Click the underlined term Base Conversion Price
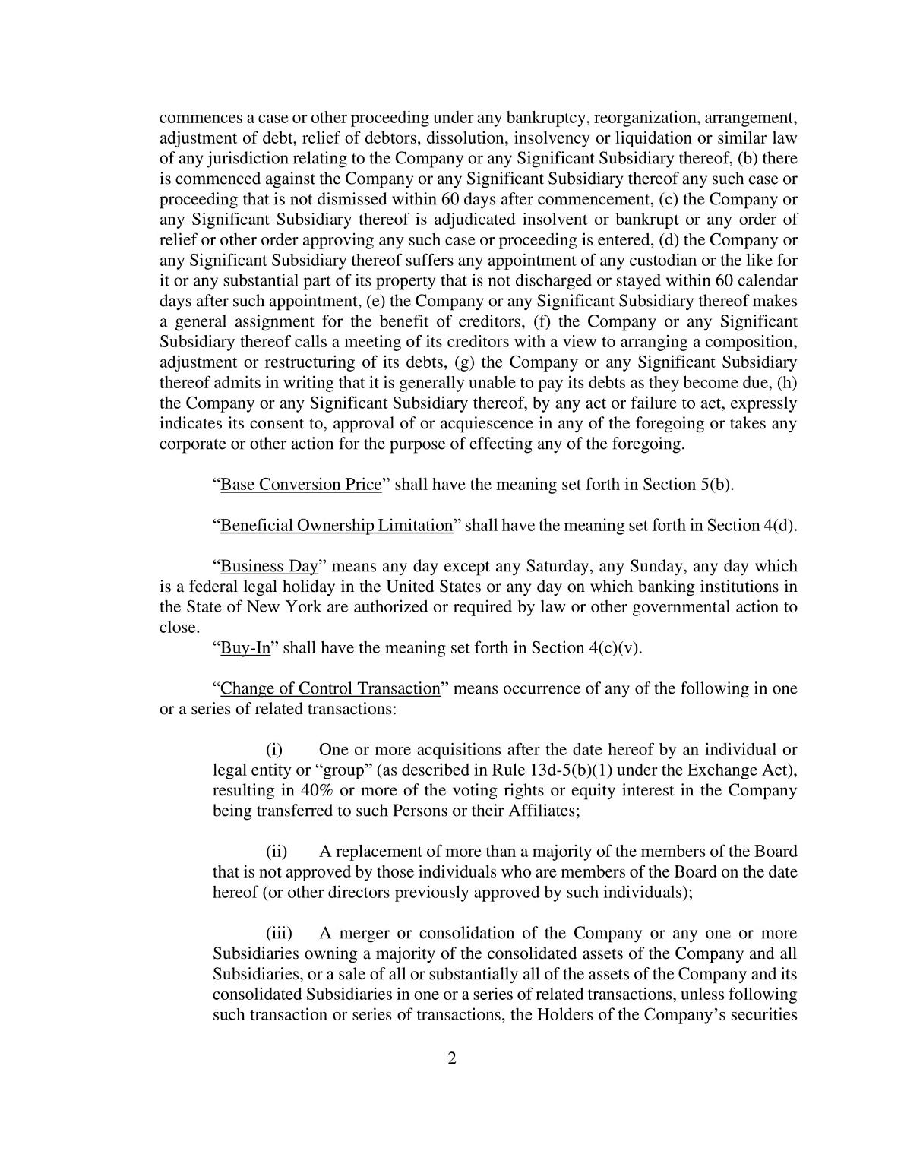click(300, 485)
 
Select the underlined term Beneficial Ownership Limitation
click(336, 526)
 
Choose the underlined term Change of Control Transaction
click(330, 689)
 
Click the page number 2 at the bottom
click(452, 1058)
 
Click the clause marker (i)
click(274, 751)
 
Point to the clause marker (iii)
click(278, 934)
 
